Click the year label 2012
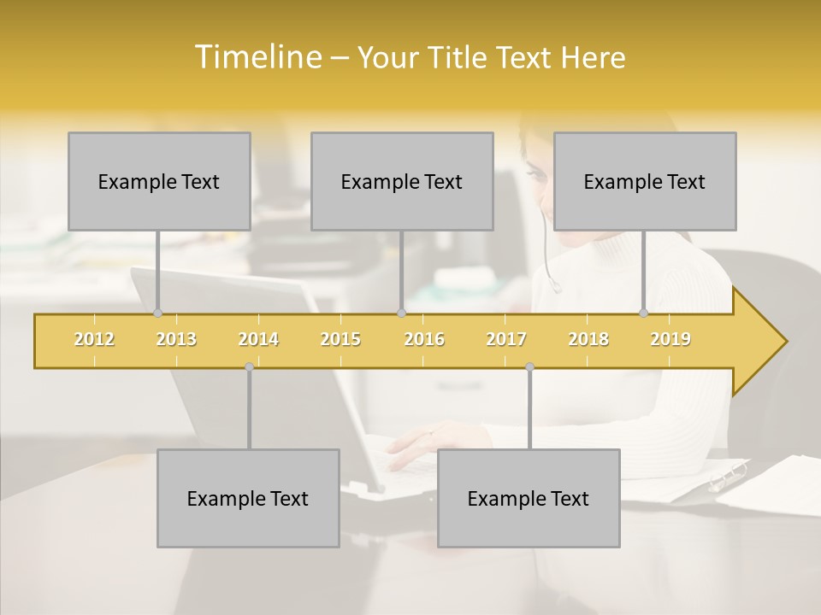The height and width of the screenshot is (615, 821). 94,340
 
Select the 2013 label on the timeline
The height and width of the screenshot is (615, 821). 176,340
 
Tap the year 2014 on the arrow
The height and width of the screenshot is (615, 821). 258,340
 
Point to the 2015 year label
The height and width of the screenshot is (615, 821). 340,340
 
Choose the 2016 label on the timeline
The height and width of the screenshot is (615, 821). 424,340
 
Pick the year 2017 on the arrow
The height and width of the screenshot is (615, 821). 506,340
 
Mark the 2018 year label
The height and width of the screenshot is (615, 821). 588,340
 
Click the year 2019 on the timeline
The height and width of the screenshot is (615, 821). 670,340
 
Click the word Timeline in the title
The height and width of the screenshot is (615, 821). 257,57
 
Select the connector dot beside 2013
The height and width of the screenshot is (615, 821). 157,313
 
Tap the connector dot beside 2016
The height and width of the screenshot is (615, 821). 401,313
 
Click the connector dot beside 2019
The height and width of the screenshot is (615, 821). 644,313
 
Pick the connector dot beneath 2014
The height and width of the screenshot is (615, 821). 249,367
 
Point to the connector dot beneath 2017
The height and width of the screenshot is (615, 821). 529,367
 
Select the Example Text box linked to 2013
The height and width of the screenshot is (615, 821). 159,181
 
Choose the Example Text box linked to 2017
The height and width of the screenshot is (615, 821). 529,498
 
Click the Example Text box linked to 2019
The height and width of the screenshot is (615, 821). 645,181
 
